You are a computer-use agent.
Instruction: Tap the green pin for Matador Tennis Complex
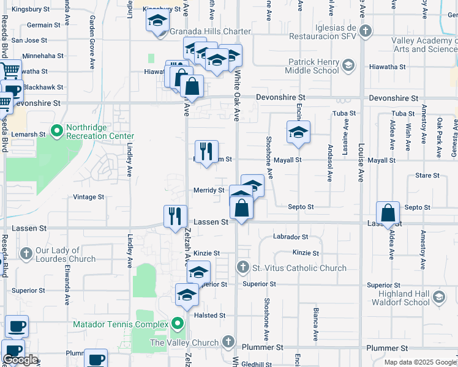pos(178,323)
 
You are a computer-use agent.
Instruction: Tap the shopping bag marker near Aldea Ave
pos(388,214)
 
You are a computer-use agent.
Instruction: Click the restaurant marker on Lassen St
pos(175,216)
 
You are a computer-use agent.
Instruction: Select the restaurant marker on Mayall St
pos(206,152)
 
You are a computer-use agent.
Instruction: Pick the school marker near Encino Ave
pos(298,133)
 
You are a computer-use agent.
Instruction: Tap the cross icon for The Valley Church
pos(228,341)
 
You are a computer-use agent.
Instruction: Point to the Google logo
pos(20,360)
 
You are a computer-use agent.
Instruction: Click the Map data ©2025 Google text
pos(419,362)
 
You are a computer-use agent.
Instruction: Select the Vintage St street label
pos(88,197)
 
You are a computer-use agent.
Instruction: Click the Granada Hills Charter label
pos(211,31)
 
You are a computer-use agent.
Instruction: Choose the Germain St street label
pos(44,25)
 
